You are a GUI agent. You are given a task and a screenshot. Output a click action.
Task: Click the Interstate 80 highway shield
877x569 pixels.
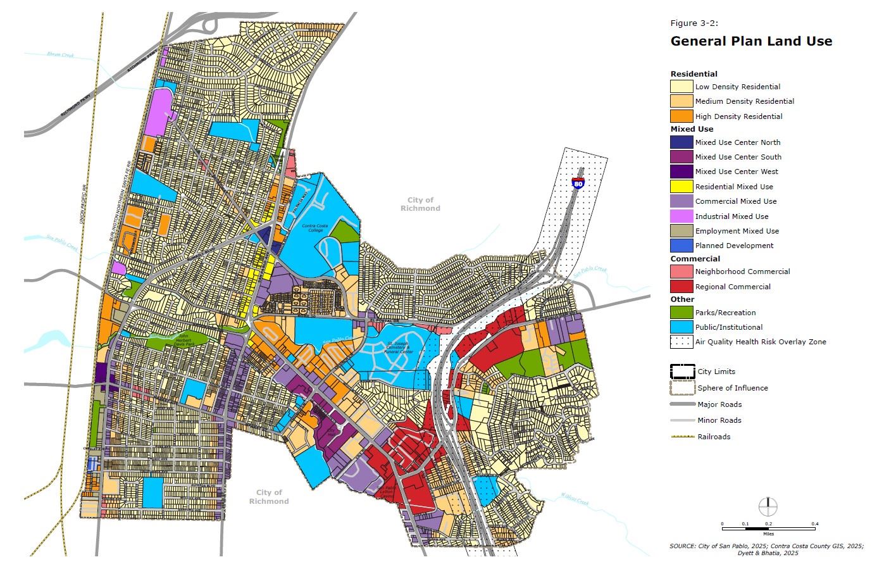578,182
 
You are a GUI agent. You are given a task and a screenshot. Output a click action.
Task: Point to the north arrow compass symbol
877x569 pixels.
768,506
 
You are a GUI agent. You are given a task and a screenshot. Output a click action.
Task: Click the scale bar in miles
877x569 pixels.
768,528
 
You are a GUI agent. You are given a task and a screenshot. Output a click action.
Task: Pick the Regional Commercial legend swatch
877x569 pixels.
681,287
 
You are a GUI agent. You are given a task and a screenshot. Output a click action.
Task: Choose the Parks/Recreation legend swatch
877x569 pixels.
681,313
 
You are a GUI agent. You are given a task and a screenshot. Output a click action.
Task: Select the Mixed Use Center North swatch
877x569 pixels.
681,142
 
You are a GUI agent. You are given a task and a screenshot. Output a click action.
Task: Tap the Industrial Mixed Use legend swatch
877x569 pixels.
681,216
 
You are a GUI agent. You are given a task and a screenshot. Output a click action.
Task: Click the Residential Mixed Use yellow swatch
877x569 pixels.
681,187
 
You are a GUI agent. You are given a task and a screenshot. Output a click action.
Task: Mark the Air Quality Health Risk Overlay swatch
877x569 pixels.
681,342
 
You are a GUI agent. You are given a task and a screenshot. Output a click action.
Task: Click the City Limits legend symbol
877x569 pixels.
682,372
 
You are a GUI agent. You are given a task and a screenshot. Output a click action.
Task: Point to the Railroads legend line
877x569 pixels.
682,437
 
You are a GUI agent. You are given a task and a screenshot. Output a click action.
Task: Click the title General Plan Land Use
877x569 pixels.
751,41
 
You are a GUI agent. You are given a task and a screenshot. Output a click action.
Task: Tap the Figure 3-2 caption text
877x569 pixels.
694,23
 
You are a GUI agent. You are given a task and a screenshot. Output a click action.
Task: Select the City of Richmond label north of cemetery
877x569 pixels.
420,204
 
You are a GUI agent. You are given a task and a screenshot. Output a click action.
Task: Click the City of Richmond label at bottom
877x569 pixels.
269,497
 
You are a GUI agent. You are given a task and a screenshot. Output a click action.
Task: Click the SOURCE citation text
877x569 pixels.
766,549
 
